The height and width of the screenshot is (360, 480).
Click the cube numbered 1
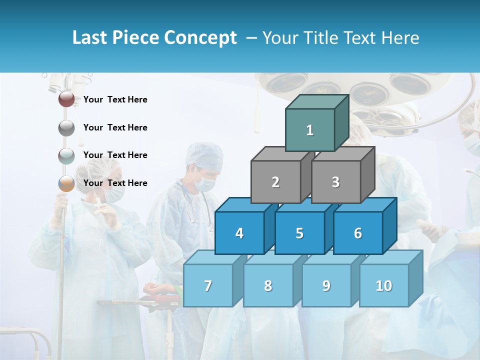[310, 130]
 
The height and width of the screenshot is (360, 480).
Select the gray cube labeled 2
[275, 182]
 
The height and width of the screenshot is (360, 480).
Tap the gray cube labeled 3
[335, 182]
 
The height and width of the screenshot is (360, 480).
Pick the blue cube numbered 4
[239, 233]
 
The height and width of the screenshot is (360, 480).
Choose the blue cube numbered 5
[299, 233]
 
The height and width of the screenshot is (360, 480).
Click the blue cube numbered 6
[358, 233]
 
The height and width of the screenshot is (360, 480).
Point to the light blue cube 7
[208, 285]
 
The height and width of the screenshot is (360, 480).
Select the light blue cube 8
[268, 285]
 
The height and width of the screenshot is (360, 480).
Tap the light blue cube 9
[326, 285]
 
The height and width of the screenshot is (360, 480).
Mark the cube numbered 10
[384, 285]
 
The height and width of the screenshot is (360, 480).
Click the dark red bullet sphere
[66, 99]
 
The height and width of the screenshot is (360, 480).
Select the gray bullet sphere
[66, 127]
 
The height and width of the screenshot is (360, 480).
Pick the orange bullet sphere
[66, 183]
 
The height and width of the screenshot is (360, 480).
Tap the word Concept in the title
[201, 37]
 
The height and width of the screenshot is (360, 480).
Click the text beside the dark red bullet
[115, 99]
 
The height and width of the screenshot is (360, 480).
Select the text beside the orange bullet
[115, 183]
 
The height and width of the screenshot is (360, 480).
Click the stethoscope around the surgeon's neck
[192, 205]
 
